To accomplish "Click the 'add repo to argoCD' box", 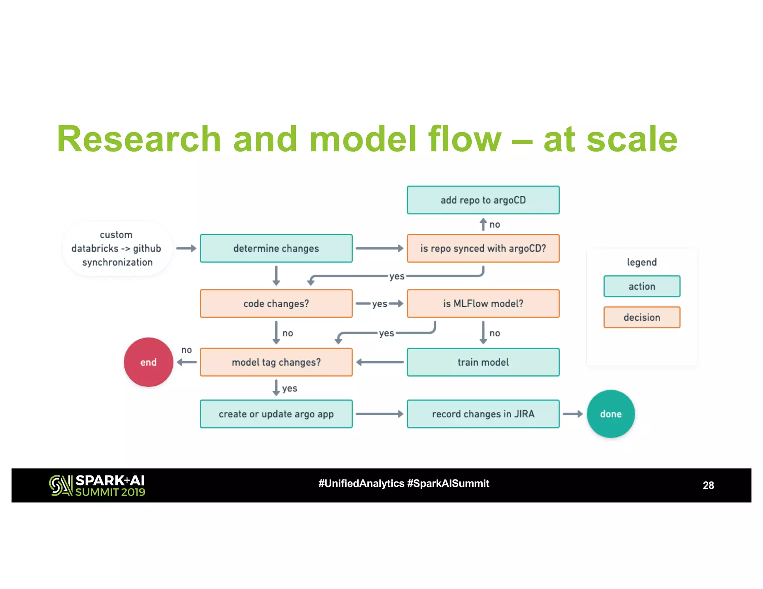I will (x=483, y=200).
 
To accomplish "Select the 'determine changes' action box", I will (x=276, y=248).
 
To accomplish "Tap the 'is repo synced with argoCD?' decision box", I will (x=483, y=248).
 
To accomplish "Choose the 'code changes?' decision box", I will (x=276, y=303).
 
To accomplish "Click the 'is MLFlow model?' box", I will (x=483, y=303).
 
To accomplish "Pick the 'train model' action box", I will (x=483, y=362).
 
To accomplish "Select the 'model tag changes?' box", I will (x=276, y=362).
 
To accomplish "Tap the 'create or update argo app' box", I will (x=276, y=414).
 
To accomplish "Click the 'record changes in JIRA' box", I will (x=483, y=414).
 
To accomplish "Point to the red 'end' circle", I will (x=148, y=362).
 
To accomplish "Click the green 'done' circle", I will (x=611, y=414).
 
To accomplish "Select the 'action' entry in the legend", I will (x=642, y=286).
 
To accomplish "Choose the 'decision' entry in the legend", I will (x=642, y=317).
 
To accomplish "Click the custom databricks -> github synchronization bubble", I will (x=117, y=248).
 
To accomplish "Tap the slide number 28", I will (x=708, y=485).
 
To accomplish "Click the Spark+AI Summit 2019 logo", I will (x=97, y=485).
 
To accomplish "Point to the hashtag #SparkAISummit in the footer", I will (x=448, y=483).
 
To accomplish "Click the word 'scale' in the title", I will (x=632, y=139).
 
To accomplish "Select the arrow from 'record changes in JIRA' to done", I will (x=573, y=414).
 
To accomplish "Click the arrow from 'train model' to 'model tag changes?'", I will (x=380, y=362).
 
